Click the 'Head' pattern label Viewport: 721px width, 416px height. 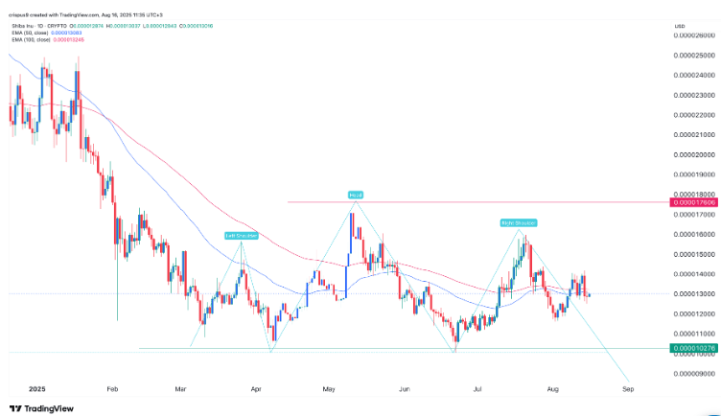coord(355,195)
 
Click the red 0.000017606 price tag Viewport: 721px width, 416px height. coord(694,202)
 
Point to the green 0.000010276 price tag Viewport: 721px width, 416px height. coord(694,350)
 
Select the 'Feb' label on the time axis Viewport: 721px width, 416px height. coord(112,390)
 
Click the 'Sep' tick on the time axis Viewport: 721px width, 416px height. coord(628,390)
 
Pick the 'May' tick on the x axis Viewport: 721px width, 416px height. coord(329,390)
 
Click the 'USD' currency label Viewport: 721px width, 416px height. coord(680,25)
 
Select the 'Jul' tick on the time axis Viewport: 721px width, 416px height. coord(477,390)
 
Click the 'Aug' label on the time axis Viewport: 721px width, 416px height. coord(552,390)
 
